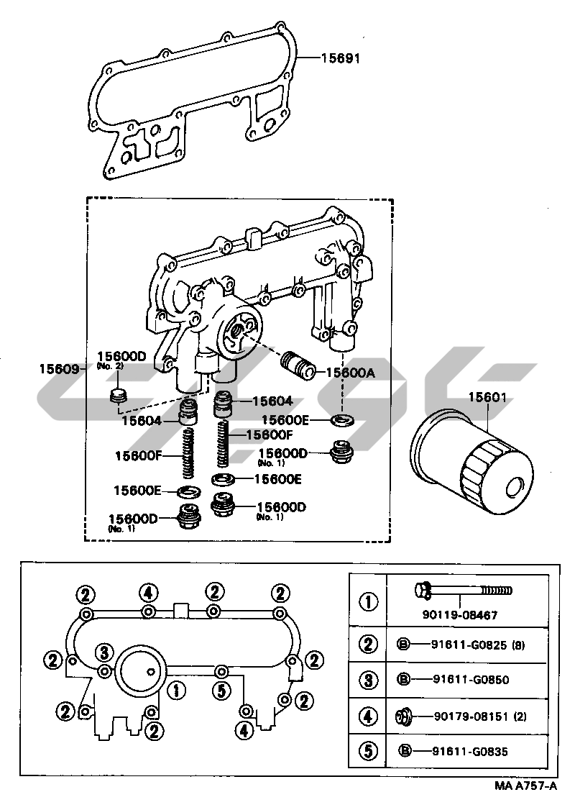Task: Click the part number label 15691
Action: [x=341, y=58]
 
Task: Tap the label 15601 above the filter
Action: [x=487, y=397]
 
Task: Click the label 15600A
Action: [x=351, y=373]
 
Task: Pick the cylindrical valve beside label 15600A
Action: [x=298, y=364]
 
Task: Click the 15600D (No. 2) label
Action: [x=121, y=358]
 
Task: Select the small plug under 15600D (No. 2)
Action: [x=119, y=396]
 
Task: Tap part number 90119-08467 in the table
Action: [x=460, y=615]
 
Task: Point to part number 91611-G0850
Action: [x=471, y=680]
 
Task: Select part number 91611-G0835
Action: [x=470, y=752]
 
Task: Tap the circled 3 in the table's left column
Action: [x=368, y=680]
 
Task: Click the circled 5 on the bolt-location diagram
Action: [x=221, y=691]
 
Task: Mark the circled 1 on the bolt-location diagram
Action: [x=177, y=691]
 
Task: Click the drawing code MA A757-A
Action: [x=526, y=786]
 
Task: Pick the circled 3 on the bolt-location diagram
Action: [x=104, y=653]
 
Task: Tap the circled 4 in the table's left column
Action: [x=368, y=716]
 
